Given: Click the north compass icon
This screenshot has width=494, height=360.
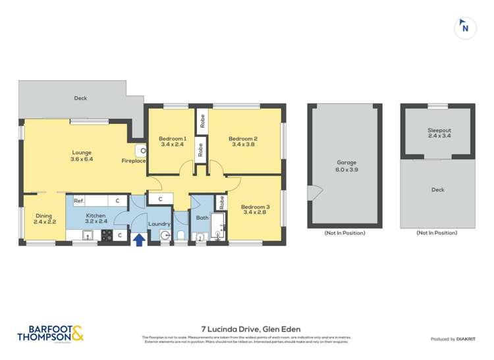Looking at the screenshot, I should (465, 28).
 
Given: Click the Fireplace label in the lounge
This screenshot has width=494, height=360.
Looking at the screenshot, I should (133, 161).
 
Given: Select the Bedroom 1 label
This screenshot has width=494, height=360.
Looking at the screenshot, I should (173, 139).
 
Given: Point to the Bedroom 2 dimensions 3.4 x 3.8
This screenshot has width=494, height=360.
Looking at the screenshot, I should (242, 145).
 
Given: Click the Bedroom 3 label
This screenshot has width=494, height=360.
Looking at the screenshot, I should (255, 206).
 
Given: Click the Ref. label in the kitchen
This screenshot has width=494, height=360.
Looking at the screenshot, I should (78, 201).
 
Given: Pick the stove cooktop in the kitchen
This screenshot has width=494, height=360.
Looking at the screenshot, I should (105, 235).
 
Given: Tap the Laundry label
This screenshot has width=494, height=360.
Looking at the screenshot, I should (159, 224).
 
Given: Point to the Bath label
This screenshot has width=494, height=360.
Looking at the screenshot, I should (202, 217).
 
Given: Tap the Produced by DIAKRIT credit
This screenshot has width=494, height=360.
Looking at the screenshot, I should (453, 339).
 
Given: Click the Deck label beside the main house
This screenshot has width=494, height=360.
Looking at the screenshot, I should (80, 99).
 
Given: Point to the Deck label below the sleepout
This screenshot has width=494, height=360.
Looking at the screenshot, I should (438, 190).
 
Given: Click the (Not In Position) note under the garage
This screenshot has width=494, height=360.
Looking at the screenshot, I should (344, 233).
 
